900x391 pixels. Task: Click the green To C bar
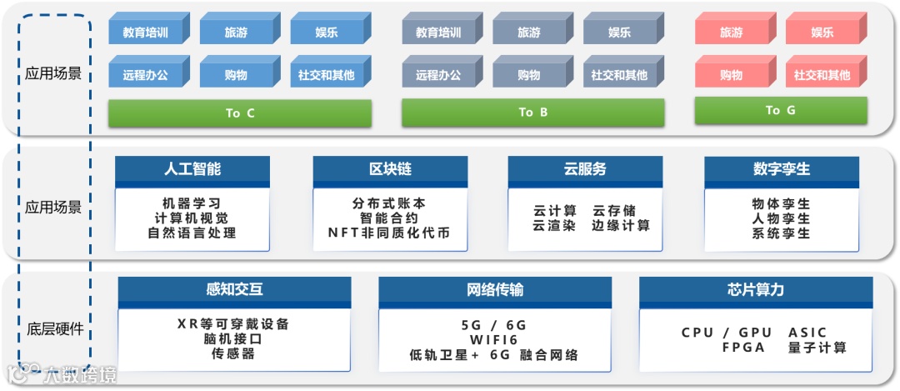pos(239,113)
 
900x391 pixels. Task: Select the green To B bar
pos(532,113)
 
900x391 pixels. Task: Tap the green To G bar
pos(780,110)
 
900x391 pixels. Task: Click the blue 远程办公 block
pos(145,74)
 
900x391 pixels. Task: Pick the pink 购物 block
pos(731,74)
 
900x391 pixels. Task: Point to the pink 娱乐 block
pos(822,33)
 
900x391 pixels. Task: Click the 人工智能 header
pos(192,169)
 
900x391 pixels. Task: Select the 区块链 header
pos(390,169)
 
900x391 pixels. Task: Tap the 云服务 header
pos(585,169)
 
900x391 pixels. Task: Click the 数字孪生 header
pos(781,169)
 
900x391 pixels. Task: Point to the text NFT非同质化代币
pos(390,233)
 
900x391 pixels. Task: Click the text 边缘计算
pos(621,226)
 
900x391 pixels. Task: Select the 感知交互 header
pos(234,290)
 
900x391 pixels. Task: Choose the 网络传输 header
pos(495,290)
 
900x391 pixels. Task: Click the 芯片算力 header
pos(755,290)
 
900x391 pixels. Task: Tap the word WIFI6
pos(494,340)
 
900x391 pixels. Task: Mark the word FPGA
pos(743,347)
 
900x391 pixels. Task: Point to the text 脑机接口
pos(233,339)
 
